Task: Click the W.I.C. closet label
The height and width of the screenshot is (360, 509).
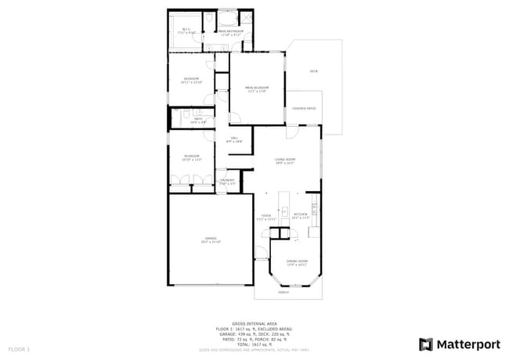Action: [x=186, y=31]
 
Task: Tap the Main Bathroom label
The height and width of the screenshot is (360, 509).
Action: [x=232, y=31]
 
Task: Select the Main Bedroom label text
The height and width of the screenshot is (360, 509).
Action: [x=257, y=88]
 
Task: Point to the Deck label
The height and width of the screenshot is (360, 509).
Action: [x=313, y=71]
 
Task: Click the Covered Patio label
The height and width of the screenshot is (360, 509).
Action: [x=304, y=108]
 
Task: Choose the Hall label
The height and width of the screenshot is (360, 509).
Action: [x=234, y=138]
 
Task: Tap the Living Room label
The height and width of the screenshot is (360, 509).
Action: [x=284, y=160]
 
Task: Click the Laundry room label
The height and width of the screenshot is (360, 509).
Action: [x=227, y=181]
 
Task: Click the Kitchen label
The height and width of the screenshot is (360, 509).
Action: [x=301, y=214]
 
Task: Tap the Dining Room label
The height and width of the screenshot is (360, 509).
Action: [x=296, y=261]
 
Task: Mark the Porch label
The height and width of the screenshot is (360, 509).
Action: [x=283, y=293]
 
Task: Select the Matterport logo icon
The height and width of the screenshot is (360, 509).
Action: [x=426, y=344]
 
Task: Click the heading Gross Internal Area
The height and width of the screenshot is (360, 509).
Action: [x=254, y=322]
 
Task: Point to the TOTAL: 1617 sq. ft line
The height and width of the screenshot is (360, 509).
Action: [x=254, y=344]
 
